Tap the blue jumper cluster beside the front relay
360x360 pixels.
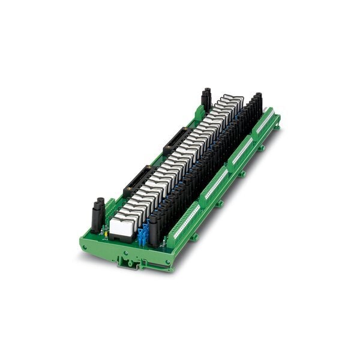pos(143,235)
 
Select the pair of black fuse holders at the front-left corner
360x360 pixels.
pos(98,215)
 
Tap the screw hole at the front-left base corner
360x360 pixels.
pos(85,246)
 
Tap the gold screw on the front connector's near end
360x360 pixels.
pos(127,193)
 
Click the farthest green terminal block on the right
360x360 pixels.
pos(265,122)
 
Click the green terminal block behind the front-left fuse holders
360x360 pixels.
pos(112,207)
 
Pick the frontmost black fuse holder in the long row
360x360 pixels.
pos(154,229)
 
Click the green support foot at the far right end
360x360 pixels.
pos(277,127)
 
